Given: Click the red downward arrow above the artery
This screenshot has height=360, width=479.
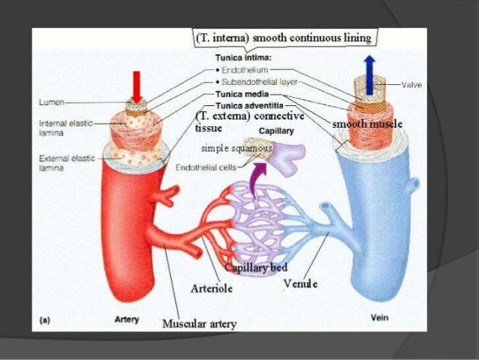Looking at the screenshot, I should tap(137, 85).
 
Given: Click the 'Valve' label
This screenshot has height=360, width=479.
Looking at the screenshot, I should tap(411, 85).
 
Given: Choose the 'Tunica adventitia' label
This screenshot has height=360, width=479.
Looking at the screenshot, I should tap(246, 107).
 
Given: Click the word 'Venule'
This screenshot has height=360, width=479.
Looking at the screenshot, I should tap(300, 283).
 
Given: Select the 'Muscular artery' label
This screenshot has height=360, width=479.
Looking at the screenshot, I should tap(199, 324).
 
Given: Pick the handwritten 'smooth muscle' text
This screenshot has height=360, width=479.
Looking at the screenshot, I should tap(368, 123).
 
